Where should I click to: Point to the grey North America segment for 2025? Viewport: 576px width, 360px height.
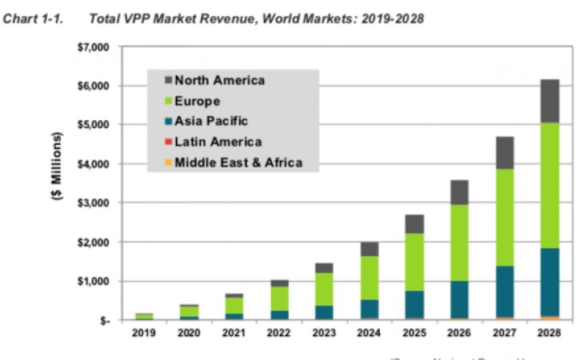(x=414, y=224)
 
